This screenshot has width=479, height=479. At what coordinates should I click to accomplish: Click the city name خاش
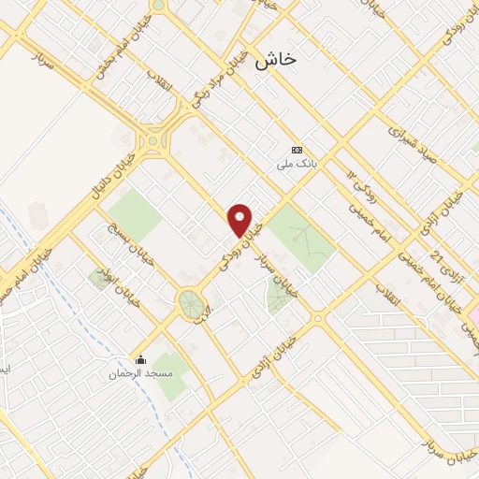[x=274, y=58]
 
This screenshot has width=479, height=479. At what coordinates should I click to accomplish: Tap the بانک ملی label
[x=296, y=165]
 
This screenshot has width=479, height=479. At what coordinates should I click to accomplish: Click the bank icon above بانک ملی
[x=297, y=150]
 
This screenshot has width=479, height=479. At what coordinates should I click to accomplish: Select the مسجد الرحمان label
[x=140, y=375]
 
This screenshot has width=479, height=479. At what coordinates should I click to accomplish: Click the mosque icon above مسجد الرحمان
[x=140, y=360]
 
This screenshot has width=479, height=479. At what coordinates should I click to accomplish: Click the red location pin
[x=240, y=221]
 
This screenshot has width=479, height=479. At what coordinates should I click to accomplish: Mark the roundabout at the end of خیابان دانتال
[x=152, y=142]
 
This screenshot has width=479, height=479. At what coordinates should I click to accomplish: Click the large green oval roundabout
[x=191, y=302]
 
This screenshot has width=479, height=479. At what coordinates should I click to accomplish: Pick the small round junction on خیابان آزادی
[x=319, y=318]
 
